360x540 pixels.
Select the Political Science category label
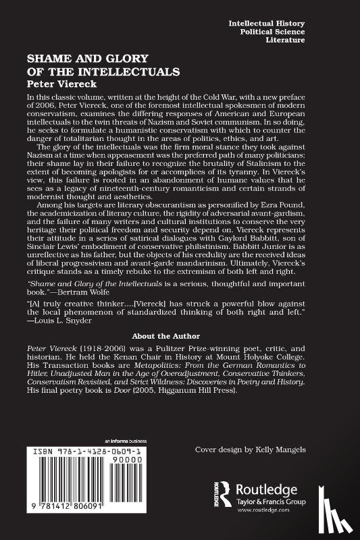[x=313, y=31]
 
